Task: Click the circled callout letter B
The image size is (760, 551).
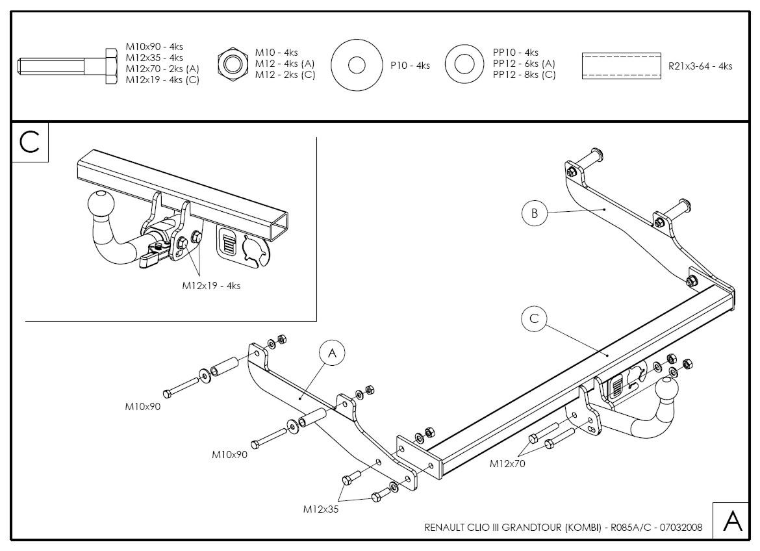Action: click(x=534, y=213)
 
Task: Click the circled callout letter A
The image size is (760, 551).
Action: click(x=332, y=353)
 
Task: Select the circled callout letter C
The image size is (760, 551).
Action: click(x=534, y=318)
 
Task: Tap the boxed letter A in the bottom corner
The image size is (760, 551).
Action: click(x=732, y=521)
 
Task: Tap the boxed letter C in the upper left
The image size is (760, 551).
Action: click(x=30, y=142)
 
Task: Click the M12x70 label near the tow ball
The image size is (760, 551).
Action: click(x=507, y=464)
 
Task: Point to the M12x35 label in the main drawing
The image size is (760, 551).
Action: click(x=321, y=509)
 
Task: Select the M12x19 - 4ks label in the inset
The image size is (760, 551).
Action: click(x=211, y=286)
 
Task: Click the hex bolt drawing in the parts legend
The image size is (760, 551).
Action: click(x=68, y=66)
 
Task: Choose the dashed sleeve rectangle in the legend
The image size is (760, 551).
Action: click(x=621, y=66)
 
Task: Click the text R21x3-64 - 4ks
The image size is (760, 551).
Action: click(x=700, y=66)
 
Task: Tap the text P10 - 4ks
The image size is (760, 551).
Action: click(x=410, y=66)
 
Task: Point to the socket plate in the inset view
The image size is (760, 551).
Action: click(x=242, y=246)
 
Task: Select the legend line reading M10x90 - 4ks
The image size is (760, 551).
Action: click(x=154, y=47)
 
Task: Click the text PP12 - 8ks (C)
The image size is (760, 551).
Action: click(x=524, y=75)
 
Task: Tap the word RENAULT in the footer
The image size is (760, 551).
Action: click(x=444, y=528)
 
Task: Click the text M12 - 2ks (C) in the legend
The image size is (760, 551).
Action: click(x=285, y=75)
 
